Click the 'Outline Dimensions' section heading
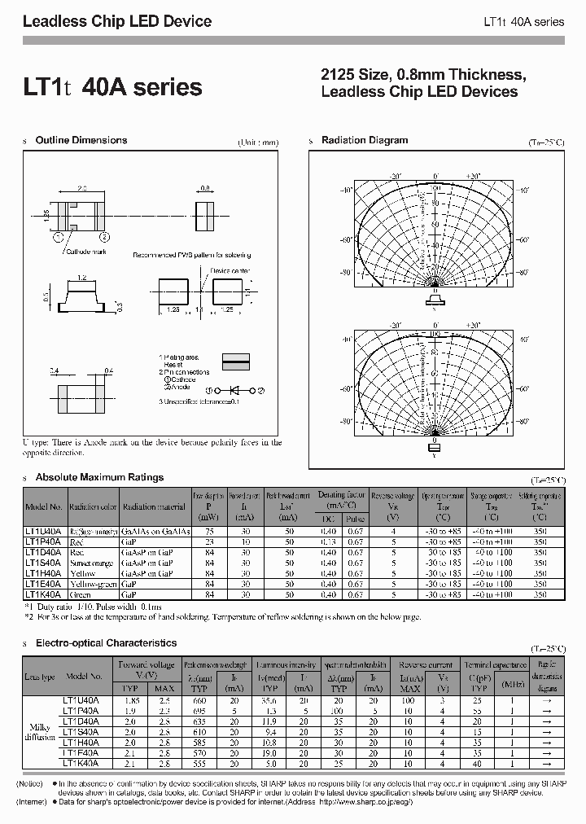click(x=81, y=140)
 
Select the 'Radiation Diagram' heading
click(x=364, y=140)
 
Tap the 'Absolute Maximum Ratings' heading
click(x=99, y=477)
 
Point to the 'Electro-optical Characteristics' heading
click(x=106, y=643)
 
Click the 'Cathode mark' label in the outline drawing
click(x=89, y=252)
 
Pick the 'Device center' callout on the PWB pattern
click(x=230, y=270)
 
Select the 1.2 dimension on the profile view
click(x=81, y=278)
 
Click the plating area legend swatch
click(x=236, y=359)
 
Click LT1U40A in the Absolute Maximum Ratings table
click(x=45, y=531)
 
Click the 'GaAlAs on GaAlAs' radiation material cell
click(x=155, y=531)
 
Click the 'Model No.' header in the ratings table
click(x=45, y=506)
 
